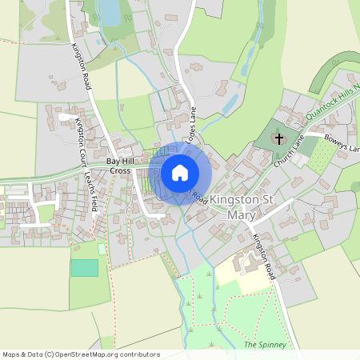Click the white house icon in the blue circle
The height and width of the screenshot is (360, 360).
tap(180, 173)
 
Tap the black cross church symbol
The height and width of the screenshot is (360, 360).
tap(279, 139)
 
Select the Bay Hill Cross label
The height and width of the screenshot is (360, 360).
tap(121, 166)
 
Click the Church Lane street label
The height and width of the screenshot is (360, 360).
tap(289, 150)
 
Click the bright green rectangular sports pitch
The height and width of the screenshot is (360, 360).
tap(84, 267)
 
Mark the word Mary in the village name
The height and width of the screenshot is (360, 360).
tap(241, 214)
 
